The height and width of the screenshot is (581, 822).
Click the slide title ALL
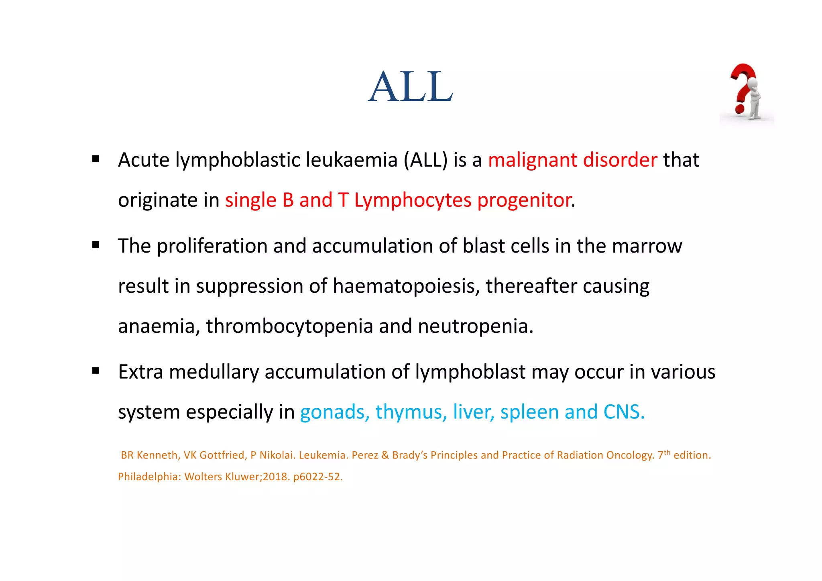411,86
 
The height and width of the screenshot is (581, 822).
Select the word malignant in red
532,160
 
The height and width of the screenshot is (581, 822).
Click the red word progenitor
524,200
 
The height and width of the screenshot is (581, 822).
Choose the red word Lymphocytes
413,200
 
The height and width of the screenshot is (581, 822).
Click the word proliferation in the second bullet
212,246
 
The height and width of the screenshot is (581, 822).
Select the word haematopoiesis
404,286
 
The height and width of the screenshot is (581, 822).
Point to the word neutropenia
475,326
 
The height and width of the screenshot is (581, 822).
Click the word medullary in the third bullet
214,372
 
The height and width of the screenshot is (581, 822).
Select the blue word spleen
529,412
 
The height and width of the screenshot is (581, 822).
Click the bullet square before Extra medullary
96,371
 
